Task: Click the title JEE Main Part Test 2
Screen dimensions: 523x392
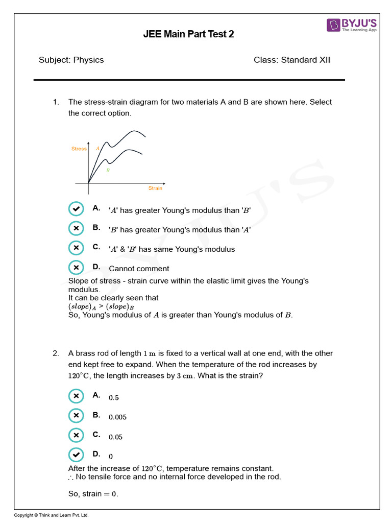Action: [x=189, y=35]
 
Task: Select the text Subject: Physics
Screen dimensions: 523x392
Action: [x=71, y=60]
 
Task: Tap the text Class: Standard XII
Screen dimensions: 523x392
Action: [x=291, y=60]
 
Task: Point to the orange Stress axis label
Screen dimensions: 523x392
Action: [x=79, y=149]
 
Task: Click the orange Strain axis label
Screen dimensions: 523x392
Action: [x=155, y=188]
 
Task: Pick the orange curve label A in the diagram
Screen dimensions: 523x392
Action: [x=97, y=148]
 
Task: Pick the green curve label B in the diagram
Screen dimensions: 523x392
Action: [x=108, y=170]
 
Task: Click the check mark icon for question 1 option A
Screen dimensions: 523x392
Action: [x=76, y=209]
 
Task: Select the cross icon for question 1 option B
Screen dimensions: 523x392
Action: [x=76, y=228]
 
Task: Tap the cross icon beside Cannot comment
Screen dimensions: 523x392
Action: [x=76, y=267]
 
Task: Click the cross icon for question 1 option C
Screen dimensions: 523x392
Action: [x=76, y=248]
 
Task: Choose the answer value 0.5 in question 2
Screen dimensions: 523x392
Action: [x=114, y=398]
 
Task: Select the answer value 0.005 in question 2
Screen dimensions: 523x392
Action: [x=117, y=417]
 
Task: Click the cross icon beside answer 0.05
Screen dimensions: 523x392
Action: [x=76, y=435]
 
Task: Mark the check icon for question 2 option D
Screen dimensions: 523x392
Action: [x=76, y=455]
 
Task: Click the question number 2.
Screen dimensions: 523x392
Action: [x=56, y=353]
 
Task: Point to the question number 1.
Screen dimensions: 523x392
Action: [x=56, y=102]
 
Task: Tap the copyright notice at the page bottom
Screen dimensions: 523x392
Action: [x=51, y=515]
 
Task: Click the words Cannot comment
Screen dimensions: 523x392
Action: [x=139, y=269]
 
